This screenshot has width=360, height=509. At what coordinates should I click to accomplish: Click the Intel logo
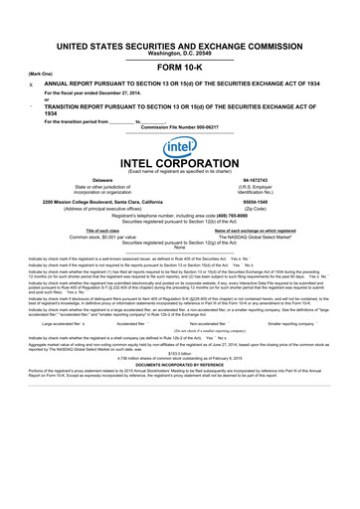click(x=179, y=148)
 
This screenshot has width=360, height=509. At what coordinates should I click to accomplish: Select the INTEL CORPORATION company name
click(x=179, y=166)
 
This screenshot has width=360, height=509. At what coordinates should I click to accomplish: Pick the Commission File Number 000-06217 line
click(x=179, y=128)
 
